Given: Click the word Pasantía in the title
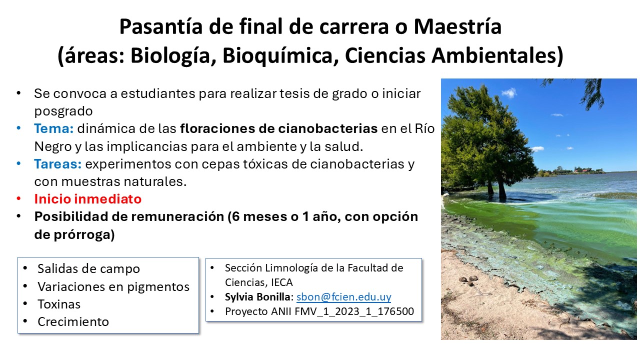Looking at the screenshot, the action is click(161, 26).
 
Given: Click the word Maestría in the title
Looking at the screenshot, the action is click(457, 26).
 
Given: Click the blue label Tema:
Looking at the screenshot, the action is click(54, 128).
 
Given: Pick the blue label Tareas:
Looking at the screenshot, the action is click(58, 164).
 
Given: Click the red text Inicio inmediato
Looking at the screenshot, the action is click(88, 199).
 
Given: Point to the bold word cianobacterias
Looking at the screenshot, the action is click(328, 128).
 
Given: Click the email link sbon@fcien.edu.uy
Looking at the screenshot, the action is click(343, 297).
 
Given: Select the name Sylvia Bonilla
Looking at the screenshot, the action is click(257, 297).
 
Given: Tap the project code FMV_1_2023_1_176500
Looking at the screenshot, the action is click(354, 311).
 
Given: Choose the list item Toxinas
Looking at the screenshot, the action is click(59, 304).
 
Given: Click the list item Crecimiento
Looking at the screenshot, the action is click(73, 322).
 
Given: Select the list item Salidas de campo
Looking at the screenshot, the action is click(89, 269).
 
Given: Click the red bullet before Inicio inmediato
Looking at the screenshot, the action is click(19, 199).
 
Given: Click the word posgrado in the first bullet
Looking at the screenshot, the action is click(63, 111).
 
